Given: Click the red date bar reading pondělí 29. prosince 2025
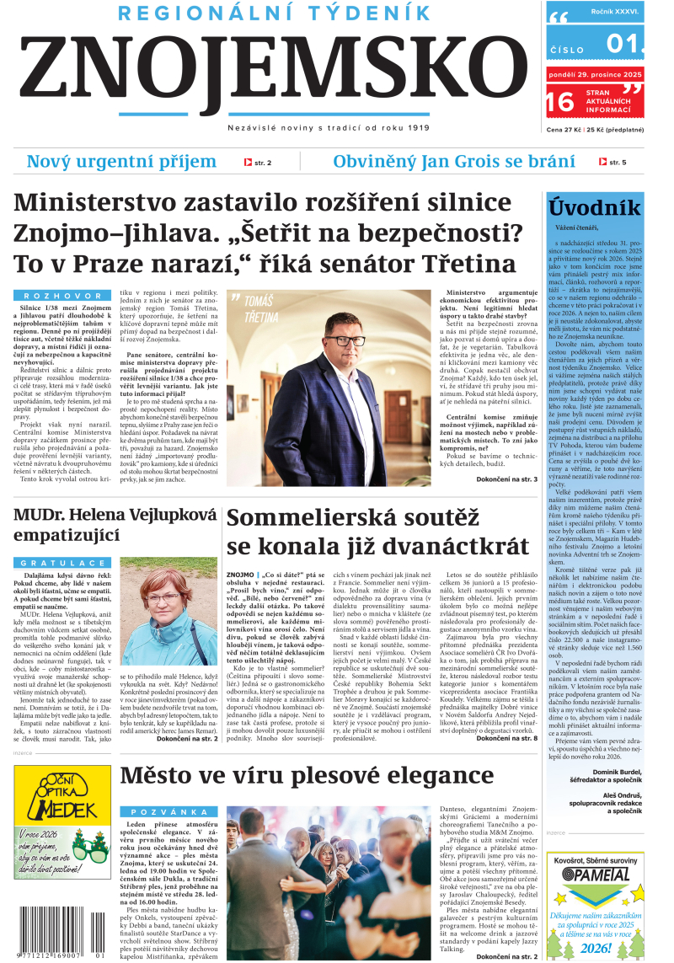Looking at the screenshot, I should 595,75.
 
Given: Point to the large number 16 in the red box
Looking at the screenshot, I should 560,102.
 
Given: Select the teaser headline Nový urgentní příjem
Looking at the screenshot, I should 121,162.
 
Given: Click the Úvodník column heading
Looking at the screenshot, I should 595,208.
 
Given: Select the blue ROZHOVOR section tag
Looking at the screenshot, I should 58,296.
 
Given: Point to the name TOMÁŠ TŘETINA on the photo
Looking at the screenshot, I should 256,309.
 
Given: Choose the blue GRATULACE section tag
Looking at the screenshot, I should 58,562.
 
